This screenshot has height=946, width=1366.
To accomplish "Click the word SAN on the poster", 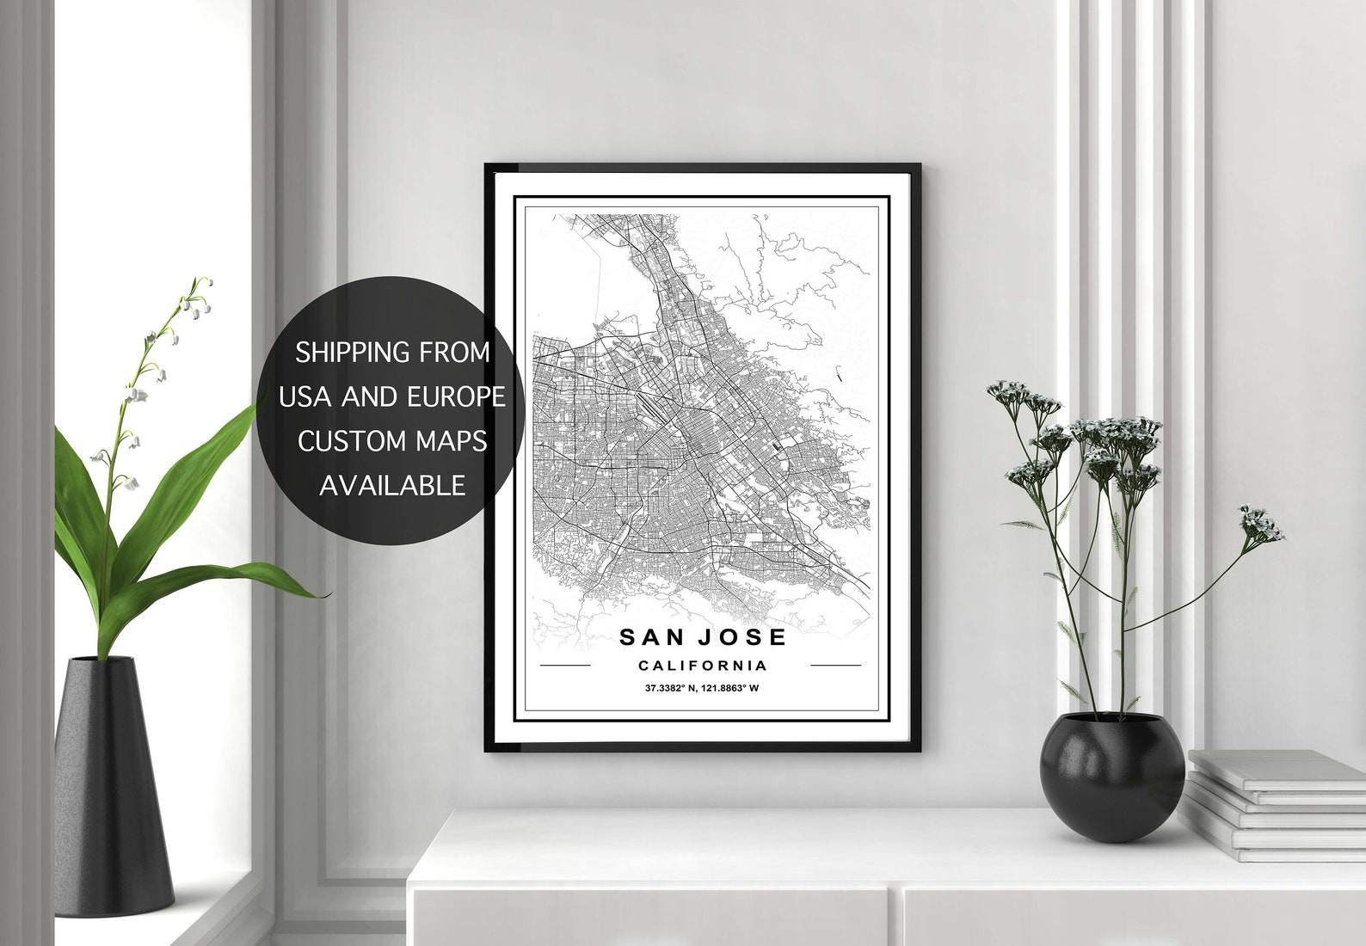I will pos(650,637).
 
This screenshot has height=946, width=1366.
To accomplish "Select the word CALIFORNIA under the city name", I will pos(703,665).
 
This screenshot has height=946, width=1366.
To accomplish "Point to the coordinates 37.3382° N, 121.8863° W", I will pos(703,688).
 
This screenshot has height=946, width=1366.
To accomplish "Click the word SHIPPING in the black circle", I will pos(353,353).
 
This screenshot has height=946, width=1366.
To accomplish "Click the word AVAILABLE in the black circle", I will pos(392,485).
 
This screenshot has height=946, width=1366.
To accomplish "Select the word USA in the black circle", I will pos(306,396).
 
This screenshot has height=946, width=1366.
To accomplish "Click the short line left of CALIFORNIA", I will pos(564,665).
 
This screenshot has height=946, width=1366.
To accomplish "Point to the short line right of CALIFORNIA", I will pos(835,665).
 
